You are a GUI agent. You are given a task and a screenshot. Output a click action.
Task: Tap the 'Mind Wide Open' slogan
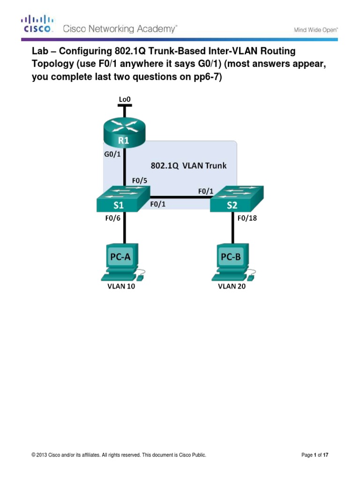(315, 30)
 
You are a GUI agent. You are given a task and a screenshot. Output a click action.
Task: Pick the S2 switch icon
(237, 199)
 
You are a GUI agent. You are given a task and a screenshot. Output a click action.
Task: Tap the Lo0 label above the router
(124, 99)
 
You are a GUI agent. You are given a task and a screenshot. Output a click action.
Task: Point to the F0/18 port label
(248, 218)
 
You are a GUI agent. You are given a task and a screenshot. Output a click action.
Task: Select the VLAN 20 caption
(232, 287)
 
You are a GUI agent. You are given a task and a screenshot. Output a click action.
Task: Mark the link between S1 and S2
(180, 197)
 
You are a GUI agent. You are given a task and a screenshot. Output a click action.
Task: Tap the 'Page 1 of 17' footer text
(318, 455)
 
